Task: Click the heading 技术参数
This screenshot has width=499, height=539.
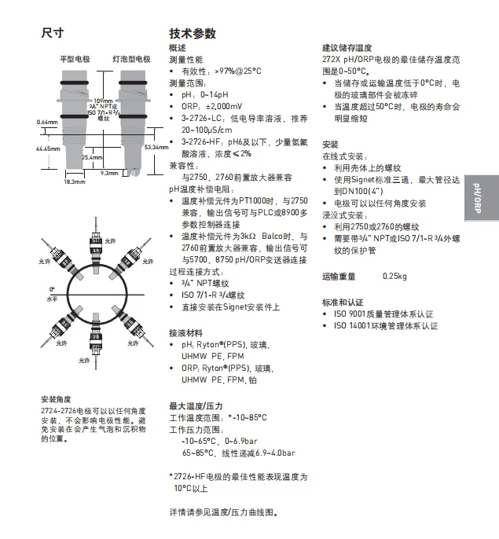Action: click(193, 34)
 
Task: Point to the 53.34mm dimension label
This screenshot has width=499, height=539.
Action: click(156, 147)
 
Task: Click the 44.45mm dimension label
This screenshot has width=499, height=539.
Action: click(48, 148)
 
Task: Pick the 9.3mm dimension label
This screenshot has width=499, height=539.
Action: click(109, 173)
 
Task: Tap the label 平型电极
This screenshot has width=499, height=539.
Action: click(75, 60)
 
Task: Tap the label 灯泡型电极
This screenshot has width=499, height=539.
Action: click(130, 60)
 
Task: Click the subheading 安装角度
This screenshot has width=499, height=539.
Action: click(55, 398)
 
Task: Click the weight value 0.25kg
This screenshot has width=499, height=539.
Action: click(394, 276)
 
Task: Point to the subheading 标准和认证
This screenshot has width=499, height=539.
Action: click(343, 302)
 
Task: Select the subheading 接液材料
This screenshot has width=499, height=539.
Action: click(186, 332)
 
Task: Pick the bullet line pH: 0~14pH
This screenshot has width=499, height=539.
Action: click(202, 94)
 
